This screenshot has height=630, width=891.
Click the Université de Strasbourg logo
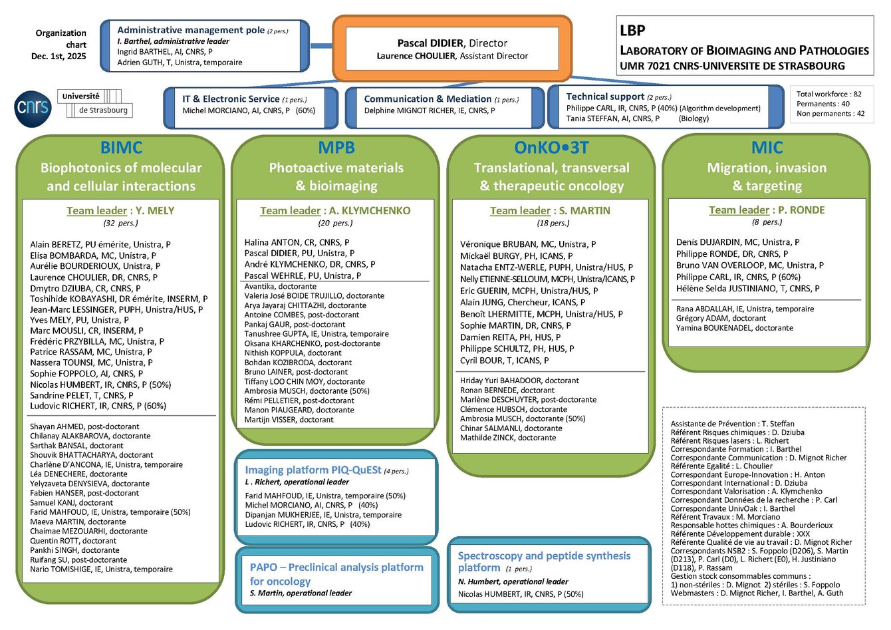(94, 103)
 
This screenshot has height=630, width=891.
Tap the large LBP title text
(632, 31)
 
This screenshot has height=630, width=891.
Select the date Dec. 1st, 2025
(59, 57)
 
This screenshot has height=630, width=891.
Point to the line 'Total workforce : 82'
(828, 94)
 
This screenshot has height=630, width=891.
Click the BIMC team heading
(121, 148)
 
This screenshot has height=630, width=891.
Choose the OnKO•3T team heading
(551, 148)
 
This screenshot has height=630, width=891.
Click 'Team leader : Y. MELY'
(120, 211)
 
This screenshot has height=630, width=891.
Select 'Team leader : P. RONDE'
(767, 210)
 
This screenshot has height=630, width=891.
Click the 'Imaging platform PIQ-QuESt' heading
(313, 470)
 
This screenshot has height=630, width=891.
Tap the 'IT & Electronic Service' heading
(231, 99)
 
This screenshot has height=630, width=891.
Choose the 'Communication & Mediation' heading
(428, 99)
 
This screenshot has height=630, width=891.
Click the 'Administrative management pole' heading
(191, 30)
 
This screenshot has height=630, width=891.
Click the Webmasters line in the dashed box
(757, 593)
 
